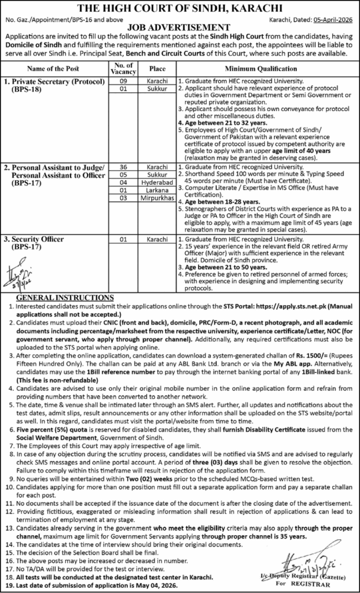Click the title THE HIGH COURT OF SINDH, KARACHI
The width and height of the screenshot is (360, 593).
coord(180,8)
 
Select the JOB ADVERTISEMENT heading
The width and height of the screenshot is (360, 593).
coord(180,27)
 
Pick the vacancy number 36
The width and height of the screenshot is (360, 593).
coord(122,166)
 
